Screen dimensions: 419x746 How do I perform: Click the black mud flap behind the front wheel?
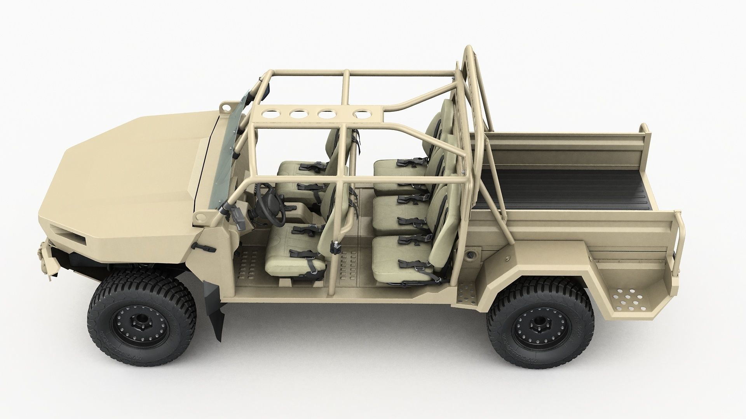point(216,306)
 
